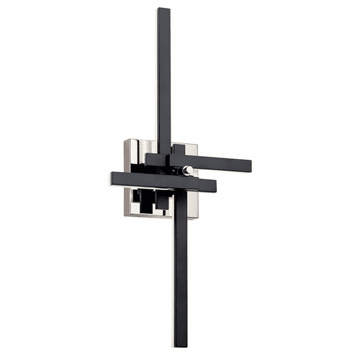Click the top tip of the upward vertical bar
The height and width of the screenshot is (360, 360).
click(163, 10)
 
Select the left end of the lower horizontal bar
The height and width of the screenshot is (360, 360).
click(113, 177)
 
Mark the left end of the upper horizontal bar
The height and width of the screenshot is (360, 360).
click(147, 156)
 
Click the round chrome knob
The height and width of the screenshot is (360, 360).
click(188, 170)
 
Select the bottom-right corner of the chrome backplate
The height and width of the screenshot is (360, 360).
click(196, 218)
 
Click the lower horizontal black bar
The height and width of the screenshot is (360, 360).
click(144, 180)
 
